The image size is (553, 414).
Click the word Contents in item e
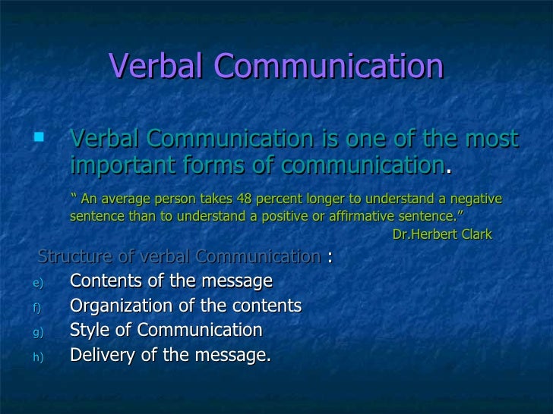click(101, 281)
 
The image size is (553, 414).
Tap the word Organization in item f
click(118, 306)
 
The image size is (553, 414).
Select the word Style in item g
click(87, 331)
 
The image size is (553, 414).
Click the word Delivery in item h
click(99, 355)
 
